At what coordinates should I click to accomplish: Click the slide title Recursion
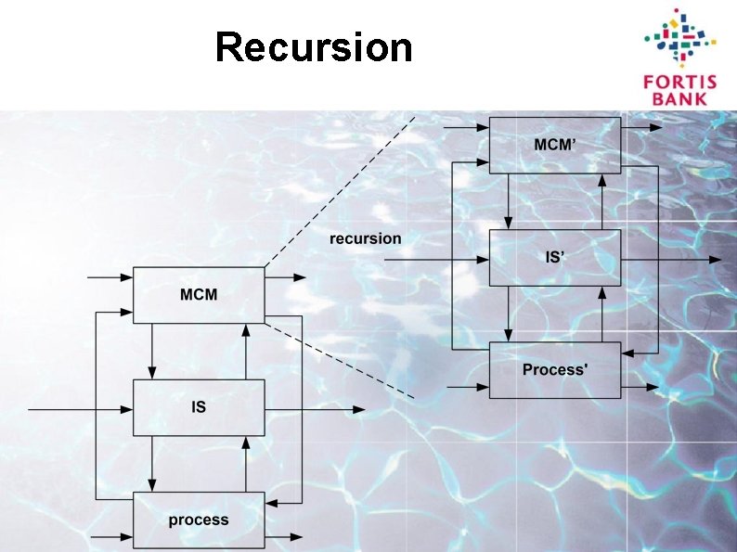click(x=313, y=47)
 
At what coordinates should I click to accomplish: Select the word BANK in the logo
click(x=677, y=96)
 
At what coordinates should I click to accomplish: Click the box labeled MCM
click(x=199, y=295)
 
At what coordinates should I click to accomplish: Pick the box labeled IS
click(x=199, y=407)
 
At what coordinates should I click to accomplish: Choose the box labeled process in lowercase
click(x=199, y=520)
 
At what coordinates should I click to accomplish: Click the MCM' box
click(x=555, y=145)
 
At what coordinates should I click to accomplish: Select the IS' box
click(x=555, y=258)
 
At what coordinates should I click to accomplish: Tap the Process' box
click(x=555, y=370)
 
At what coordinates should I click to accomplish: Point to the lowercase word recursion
click(x=366, y=238)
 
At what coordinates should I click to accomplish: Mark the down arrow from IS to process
click(x=152, y=464)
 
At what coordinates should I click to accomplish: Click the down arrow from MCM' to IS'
click(x=509, y=201)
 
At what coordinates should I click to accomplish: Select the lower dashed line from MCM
click(x=339, y=360)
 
